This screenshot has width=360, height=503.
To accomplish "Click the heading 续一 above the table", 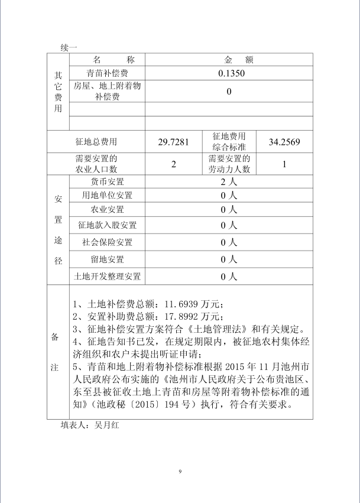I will [x=69, y=47].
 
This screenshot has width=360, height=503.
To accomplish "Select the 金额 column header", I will [x=229, y=60].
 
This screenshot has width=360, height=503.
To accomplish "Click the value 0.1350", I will [x=229, y=73].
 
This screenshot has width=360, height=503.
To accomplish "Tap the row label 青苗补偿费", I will [x=107, y=73].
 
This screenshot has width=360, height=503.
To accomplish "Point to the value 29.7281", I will [x=174, y=142].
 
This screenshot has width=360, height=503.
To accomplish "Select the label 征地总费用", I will [x=96, y=142].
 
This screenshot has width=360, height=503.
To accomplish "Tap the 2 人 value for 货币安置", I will [x=229, y=182].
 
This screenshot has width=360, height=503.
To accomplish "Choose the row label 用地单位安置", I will [x=107, y=196].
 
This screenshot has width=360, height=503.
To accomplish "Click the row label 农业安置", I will [x=107, y=210].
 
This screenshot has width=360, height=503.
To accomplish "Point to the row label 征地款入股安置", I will [x=107, y=225].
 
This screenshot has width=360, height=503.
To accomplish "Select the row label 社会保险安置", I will [x=107, y=242].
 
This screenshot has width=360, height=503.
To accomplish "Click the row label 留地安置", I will [x=107, y=259].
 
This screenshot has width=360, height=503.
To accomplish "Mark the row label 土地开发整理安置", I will [x=107, y=276].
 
